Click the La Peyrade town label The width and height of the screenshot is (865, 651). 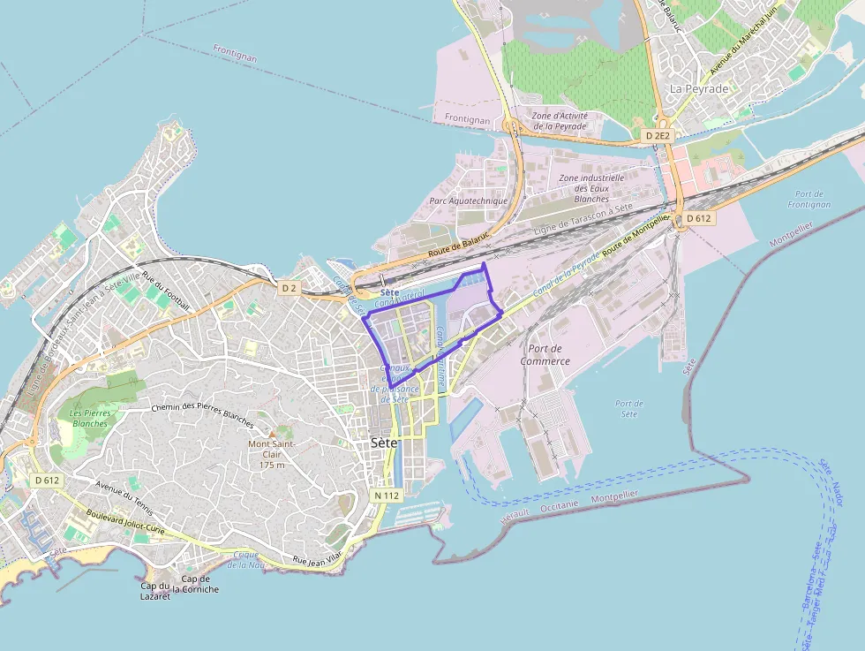[x=699, y=89]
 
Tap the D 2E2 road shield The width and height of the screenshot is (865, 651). [x=658, y=136]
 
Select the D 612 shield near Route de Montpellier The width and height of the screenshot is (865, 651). [x=697, y=218]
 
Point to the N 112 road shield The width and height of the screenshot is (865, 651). [x=387, y=496]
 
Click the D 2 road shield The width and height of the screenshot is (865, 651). [x=290, y=288]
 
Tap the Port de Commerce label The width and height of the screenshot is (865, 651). [x=545, y=354]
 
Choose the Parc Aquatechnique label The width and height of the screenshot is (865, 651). [x=469, y=201]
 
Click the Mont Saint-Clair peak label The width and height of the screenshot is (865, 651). [x=271, y=453]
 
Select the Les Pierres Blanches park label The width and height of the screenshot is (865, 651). [x=88, y=418]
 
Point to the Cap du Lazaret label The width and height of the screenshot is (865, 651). [x=154, y=591]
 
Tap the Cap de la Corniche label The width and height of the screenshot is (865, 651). [x=195, y=584]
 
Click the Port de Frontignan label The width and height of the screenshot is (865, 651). [x=809, y=199]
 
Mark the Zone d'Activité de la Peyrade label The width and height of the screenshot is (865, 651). [x=559, y=121]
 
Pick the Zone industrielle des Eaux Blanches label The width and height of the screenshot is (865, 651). [x=591, y=187]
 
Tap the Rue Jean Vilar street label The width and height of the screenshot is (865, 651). [x=317, y=559]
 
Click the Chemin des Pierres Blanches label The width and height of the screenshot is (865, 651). [x=202, y=411]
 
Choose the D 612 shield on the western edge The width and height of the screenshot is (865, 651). [x=47, y=480]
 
